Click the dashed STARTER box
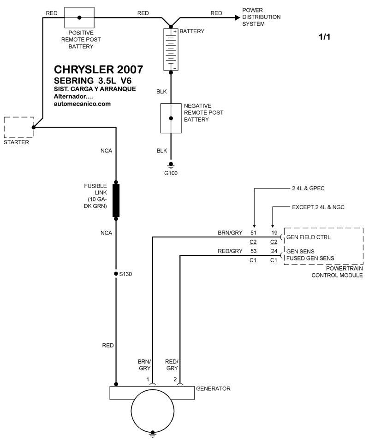(x=19, y=127)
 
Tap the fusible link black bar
(x=117, y=200)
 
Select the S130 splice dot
(x=116, y=274)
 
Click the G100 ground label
(x=171, y=173)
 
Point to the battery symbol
(x=171, y=50)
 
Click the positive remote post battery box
(x=79, y=18)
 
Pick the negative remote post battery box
(x=171, y=118)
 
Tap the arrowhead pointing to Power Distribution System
(x=237, y=18)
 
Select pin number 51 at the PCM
(x=253, y=233)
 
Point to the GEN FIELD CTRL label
(x=309, y=237)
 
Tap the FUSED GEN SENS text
(x=310, y=258)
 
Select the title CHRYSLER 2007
(x=99, y=69)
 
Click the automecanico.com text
(x=83, y=104)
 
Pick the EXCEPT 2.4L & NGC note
(x=318, y=207)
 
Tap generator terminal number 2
(x=175, y=379)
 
